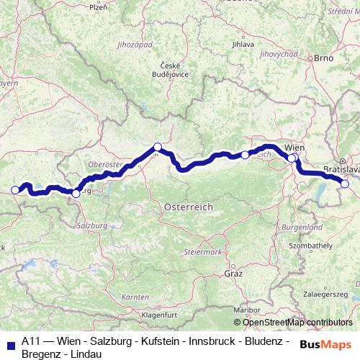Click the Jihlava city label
coord(243,44)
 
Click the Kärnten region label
coord(135,297)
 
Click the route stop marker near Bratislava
coord(345,184)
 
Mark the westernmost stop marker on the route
coord(15,190)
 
